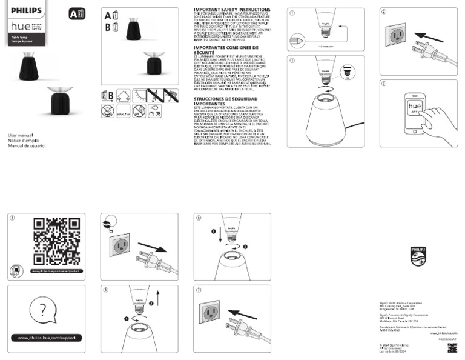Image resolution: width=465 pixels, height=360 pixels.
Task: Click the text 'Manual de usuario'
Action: pos(26,146)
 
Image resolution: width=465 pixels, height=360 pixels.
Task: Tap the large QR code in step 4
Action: pos(56,241)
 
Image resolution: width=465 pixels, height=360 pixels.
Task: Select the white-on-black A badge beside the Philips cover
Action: pos(73,13)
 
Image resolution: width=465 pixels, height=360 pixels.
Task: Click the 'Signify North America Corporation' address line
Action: pos(400,302)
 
